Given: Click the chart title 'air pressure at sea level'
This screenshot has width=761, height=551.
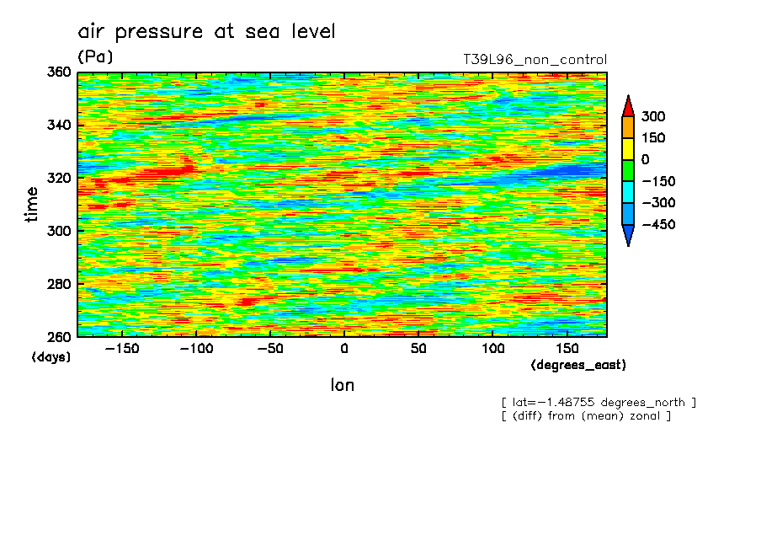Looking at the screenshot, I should (207, 32).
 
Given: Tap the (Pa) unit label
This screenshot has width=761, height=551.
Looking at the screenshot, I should (95, 57).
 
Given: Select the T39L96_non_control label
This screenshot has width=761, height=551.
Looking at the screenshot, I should (535, 60).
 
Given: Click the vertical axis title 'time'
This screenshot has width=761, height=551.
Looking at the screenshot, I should (32, 205).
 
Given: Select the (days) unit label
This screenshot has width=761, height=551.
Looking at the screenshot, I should (51, 356).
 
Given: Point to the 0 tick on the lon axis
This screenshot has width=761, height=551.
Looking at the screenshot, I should (343, 349).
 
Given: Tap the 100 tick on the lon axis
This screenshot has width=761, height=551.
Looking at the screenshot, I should (492, 349).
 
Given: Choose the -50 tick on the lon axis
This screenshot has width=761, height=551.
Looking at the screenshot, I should (269, 349).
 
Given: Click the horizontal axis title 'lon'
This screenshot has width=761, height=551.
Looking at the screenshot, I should (342, 385).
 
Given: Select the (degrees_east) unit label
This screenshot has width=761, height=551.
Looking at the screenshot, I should (578, 365).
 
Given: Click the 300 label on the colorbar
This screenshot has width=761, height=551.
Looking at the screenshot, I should (652, 116).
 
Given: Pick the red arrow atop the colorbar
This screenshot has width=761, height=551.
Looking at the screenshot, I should (628, 106).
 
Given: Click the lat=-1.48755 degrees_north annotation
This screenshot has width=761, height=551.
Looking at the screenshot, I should (598, 402).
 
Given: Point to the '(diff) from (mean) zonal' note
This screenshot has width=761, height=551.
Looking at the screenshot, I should (586, 415).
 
